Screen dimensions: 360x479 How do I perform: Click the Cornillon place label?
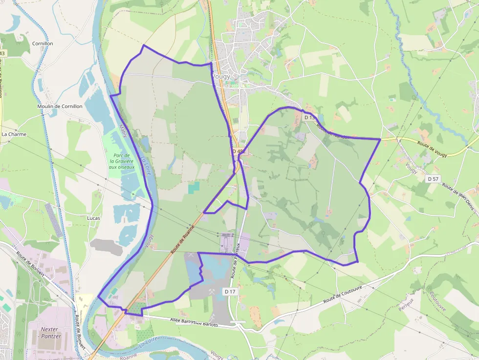(x=43, y=43)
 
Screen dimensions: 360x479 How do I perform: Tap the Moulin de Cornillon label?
(x=60, y=106)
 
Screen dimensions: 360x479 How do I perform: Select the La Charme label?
(x=14, y=134)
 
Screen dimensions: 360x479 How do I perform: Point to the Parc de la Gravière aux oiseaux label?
(x=122, y=161)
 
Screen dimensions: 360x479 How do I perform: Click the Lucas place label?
(x=93, y=218)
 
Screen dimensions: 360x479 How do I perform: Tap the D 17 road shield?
(x=230, y=291)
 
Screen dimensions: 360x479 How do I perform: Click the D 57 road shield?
(x=433, y=179)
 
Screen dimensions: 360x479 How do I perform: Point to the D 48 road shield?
(x=238, y=151)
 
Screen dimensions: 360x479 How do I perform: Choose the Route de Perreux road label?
(x=236, y=260)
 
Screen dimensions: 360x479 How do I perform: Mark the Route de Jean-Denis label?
(x=459, y=194)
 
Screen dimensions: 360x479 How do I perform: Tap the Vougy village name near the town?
(x=221, y=77)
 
